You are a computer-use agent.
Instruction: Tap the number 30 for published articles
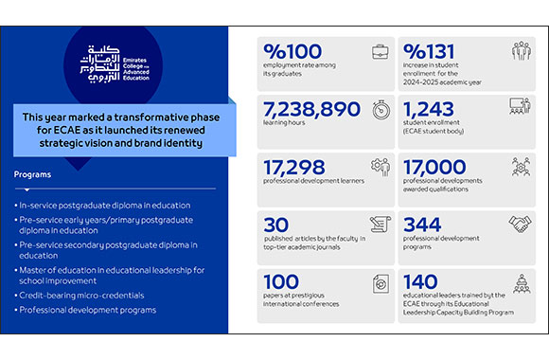pos(275,225)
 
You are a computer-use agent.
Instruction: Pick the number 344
pos(421,225)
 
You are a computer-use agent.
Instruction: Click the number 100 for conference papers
pos(281,282)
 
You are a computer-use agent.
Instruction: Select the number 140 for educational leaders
pos(421,282)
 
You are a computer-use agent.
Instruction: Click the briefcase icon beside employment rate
pos(381,52)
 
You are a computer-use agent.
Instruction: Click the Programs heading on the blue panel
pos(34,174)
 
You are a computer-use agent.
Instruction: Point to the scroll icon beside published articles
pos(381,225)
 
